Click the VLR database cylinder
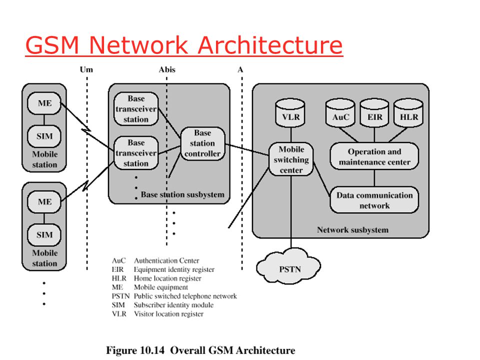(290, 113)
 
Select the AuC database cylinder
(340, 113)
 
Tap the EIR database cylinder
(374, 113)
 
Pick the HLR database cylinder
(408, 113)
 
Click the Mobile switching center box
(291, 159)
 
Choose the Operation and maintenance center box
(374, 156)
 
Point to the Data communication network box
(374, 200)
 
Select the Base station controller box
(202, 143)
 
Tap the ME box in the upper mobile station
(44, 103)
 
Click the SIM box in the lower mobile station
(44, 235)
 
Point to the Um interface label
(86, 70)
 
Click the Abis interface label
(167, 70)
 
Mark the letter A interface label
(240, 70)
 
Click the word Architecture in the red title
(270, 45)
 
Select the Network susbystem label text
(352, 230)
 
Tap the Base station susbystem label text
(182, 194)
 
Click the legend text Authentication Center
(166, 260)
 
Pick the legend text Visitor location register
(168, 314)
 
